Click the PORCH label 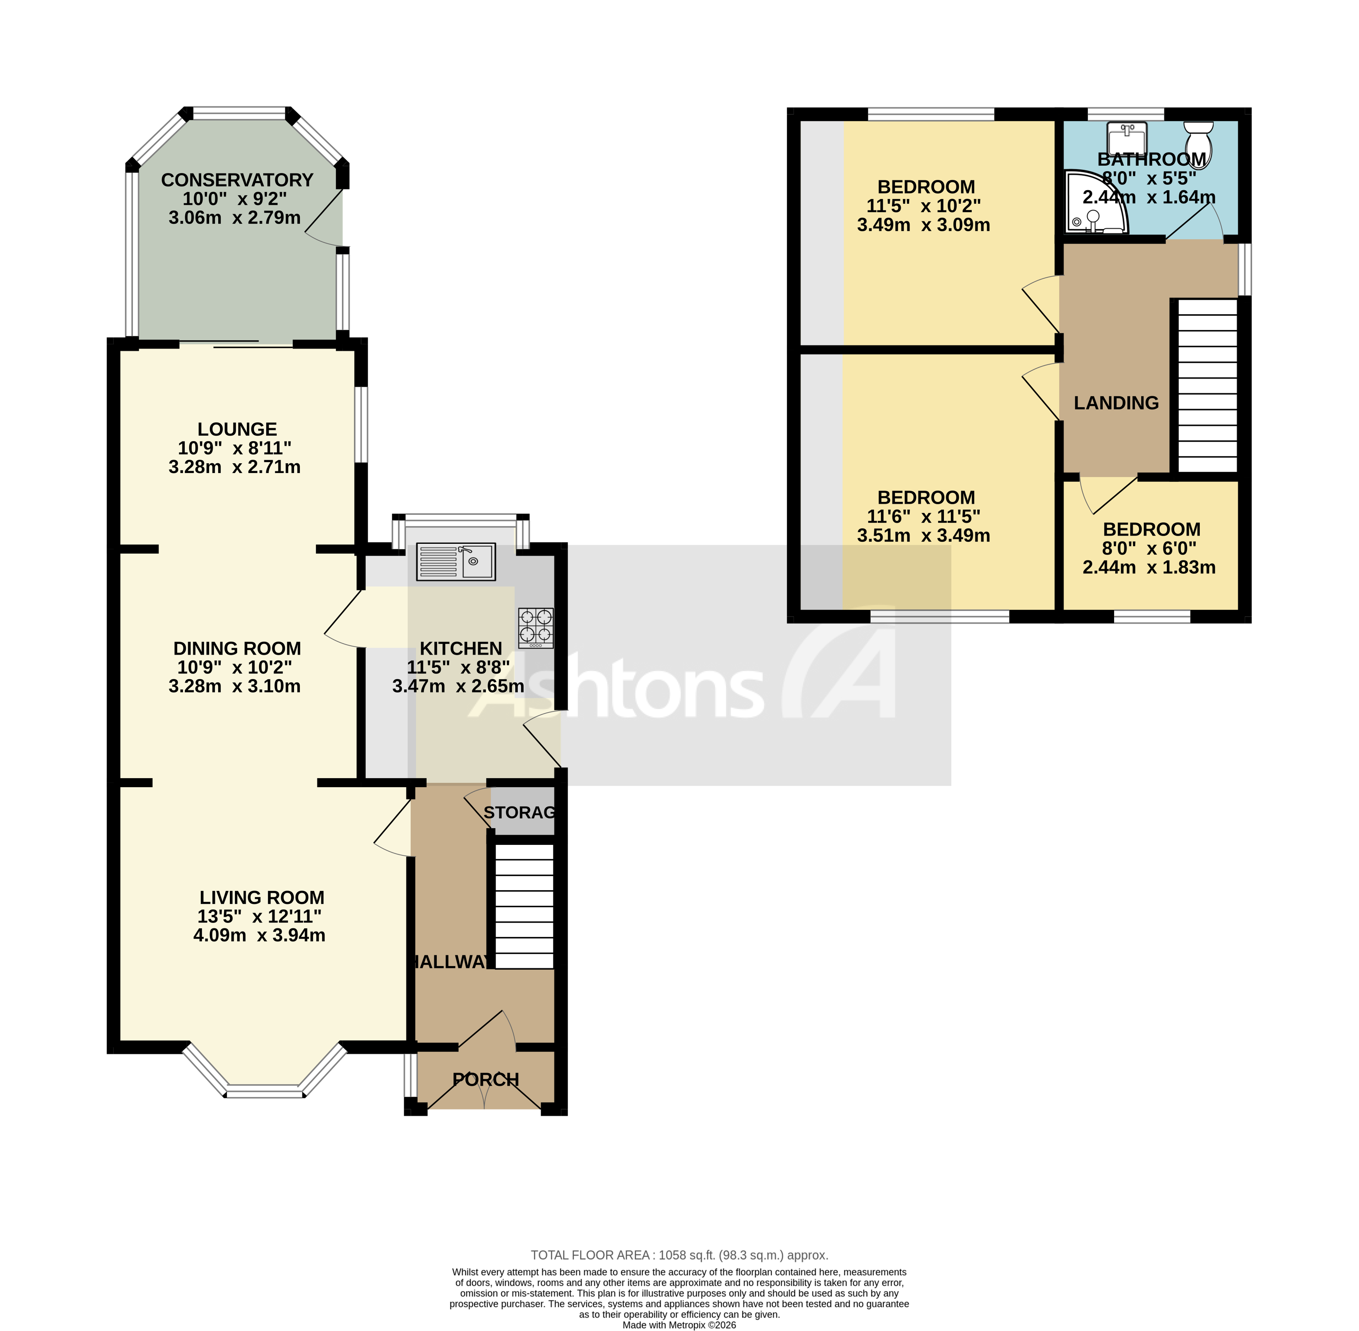pos(486,1080)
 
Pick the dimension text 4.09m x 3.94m pos(259,935)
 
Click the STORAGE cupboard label pos(519,812)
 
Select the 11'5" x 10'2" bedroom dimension pos(923,206)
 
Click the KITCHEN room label pos(460,649)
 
